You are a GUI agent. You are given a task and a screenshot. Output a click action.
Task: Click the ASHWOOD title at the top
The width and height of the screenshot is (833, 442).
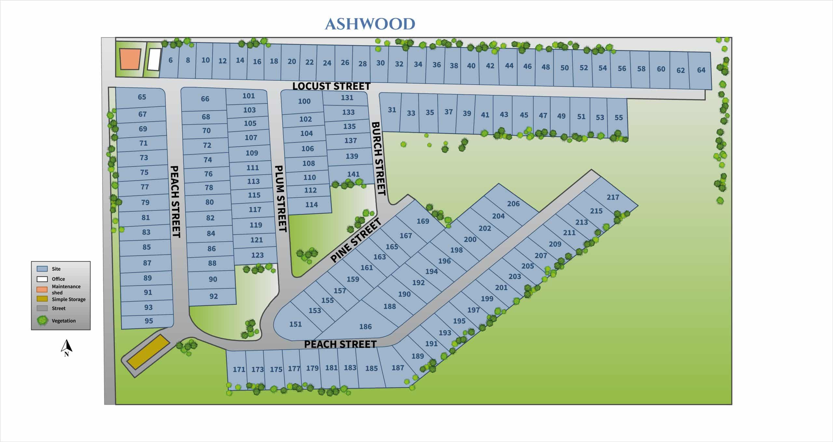(x=370, y=24)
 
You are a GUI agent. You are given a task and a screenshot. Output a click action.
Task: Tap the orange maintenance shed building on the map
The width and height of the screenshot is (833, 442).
(x=130, y=59)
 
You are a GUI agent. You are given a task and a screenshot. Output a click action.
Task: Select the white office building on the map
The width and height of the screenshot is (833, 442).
(x=154, y=60)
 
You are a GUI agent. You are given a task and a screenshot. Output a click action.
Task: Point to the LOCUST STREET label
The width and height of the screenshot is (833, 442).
(x=331, y=86)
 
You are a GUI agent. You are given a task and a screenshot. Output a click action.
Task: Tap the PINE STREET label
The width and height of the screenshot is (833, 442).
(x=355, y=241)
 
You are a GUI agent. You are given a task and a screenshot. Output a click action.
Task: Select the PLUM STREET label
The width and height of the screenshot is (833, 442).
(x=281, y=199)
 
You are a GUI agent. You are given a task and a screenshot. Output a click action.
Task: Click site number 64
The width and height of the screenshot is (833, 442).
(x=701, y=70)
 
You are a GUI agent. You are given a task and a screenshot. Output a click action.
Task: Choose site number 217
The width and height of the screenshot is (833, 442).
(x=613, y=197)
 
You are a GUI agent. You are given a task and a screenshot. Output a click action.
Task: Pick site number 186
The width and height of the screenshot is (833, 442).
(x=365, y=327)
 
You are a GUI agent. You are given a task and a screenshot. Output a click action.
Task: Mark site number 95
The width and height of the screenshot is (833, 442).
(x=149, y=321)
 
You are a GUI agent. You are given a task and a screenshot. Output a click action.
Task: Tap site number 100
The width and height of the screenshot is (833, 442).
(x=304, y=101)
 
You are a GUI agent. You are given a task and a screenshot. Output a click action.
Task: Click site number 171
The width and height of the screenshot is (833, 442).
(x=239, y=369)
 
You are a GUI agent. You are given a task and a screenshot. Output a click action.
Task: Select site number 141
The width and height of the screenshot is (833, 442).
(x=353, y=174)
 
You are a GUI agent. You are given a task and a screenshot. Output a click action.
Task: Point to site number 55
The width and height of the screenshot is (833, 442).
(x=619, y=117)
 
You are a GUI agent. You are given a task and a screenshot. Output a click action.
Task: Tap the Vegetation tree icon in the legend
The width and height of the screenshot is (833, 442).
(x=43, y=321)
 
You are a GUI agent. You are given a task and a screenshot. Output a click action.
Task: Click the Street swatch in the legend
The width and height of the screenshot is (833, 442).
(x=42, y=308)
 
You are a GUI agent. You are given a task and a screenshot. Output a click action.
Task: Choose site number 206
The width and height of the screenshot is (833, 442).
(x=513, y=204)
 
